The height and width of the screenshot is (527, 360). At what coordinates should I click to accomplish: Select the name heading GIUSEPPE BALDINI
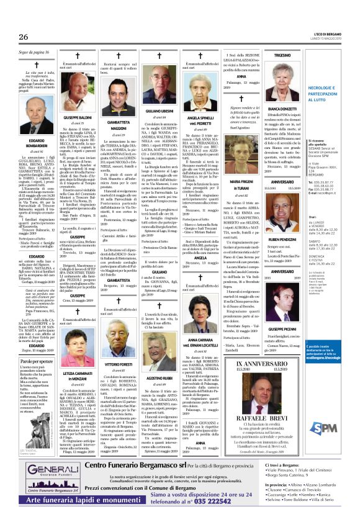coord(77,117)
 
